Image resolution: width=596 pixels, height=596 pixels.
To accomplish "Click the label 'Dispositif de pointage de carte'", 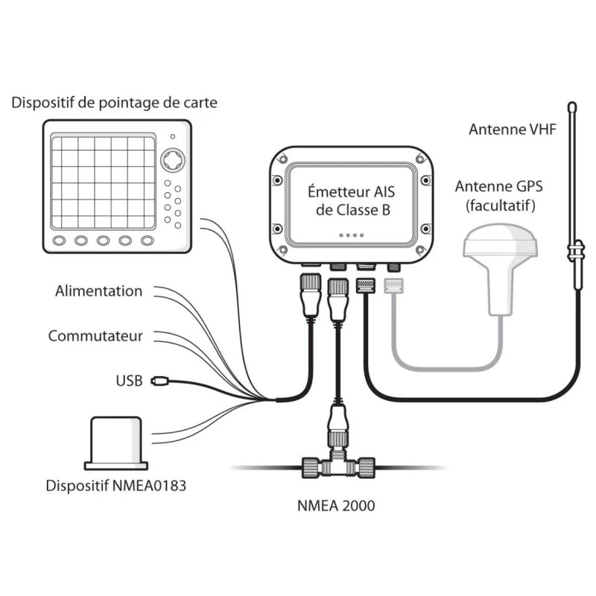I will (x=114, y=102).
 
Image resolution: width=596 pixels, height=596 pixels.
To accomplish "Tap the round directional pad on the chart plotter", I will (x=173, y=161).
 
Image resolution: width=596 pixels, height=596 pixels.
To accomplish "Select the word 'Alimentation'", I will (x=98, y=291).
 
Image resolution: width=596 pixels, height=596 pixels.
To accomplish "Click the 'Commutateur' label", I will (x=95, y=336).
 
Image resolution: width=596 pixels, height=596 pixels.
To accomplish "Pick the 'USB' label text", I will (x=128, y=381).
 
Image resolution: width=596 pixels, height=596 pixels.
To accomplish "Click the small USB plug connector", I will (x=159, y=381).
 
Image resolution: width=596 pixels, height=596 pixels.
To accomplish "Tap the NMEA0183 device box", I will (x=120, y=443).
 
